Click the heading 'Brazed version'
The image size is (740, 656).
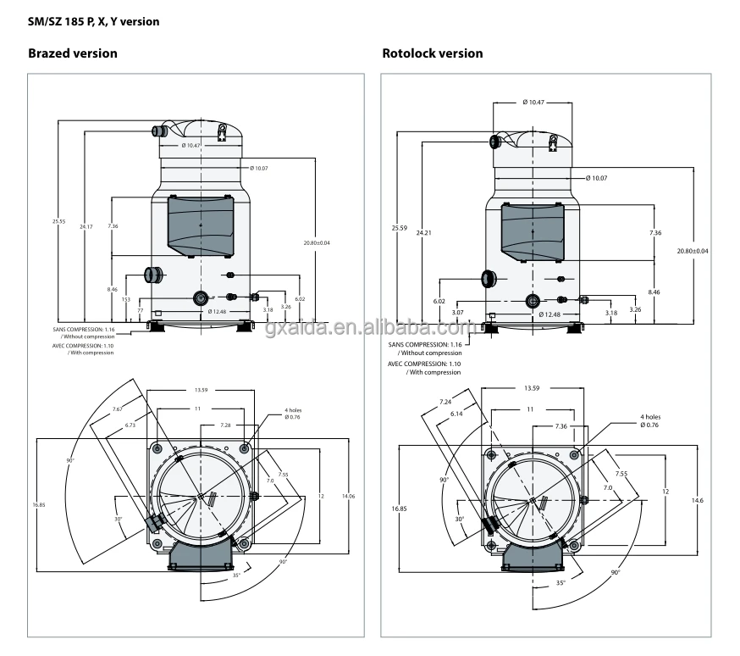(x=73, y=53)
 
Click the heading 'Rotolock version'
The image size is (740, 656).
(x=432, y=53)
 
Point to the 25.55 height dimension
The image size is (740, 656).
(x=58, y=221)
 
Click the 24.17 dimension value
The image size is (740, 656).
(x=86, y=226)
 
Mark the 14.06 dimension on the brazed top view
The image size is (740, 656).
(x=349, y=495)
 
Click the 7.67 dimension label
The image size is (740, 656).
(x=118, y=409)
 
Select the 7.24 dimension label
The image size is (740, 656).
(x=445, y=402)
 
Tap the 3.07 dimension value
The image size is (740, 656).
(x=458, y=313)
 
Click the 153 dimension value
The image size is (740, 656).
(x=124, y=299)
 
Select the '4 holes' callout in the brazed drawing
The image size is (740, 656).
(x=293, y=409)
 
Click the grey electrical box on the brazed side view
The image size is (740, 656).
(x=200, y=224)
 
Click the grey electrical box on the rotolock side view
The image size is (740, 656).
(x=532, y=230)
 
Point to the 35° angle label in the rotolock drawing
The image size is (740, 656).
(x=561, y=583)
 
